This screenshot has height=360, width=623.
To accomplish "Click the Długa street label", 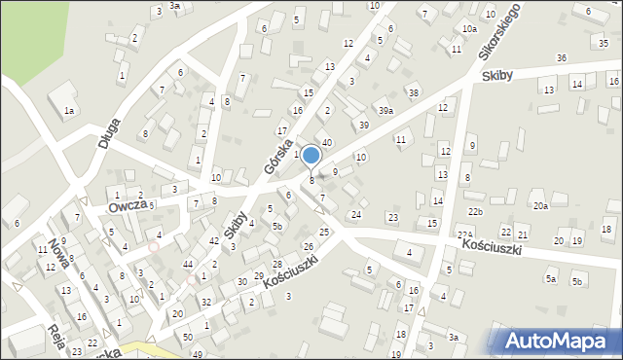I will click(x=109, y=127).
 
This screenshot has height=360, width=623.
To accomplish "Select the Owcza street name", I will click(x=128, y=205).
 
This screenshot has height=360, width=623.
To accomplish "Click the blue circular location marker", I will click(x=311, y=156).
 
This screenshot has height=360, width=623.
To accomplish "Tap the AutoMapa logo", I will click(x=559, y=341).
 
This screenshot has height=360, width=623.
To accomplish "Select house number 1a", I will click(x=69, y=111).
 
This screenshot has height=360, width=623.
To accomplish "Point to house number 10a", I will click(x=469, y=29).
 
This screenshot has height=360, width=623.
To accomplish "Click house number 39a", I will click(x=386, y=111).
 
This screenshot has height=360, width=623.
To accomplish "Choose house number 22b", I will click(x=474, y=211).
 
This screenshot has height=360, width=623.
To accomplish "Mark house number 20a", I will click(x=540, y=205).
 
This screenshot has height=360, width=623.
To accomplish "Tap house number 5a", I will click(x=551, y=278).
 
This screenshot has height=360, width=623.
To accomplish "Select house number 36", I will click(x=562, y=58).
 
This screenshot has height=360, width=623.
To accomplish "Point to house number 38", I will click(x=413, y=92).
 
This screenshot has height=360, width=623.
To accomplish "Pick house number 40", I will click(x=327, y=143).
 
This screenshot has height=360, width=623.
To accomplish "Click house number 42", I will click(x=213, y=240).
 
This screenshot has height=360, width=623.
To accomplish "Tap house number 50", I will click(x=187, y=336).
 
